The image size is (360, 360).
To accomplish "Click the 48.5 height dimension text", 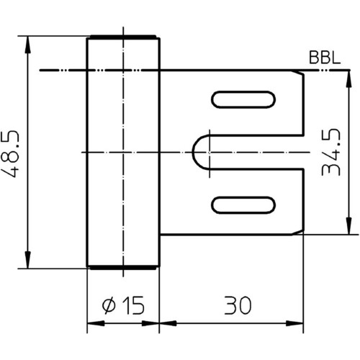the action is tap(10, 154).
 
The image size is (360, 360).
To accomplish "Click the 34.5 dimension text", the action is tap(331, 152).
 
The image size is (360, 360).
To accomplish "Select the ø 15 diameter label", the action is tap(123, 305).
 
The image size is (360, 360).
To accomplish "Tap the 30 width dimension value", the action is tap(238, 305).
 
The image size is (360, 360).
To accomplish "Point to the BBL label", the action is tap(325, 58).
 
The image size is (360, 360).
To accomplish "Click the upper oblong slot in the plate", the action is tap(243, 99).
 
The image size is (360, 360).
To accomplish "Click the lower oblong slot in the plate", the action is tap(243, 205).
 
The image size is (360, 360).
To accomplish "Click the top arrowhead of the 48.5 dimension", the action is tap(28, 45).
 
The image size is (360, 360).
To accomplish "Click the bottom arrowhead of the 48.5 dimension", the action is tap(28, 260).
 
